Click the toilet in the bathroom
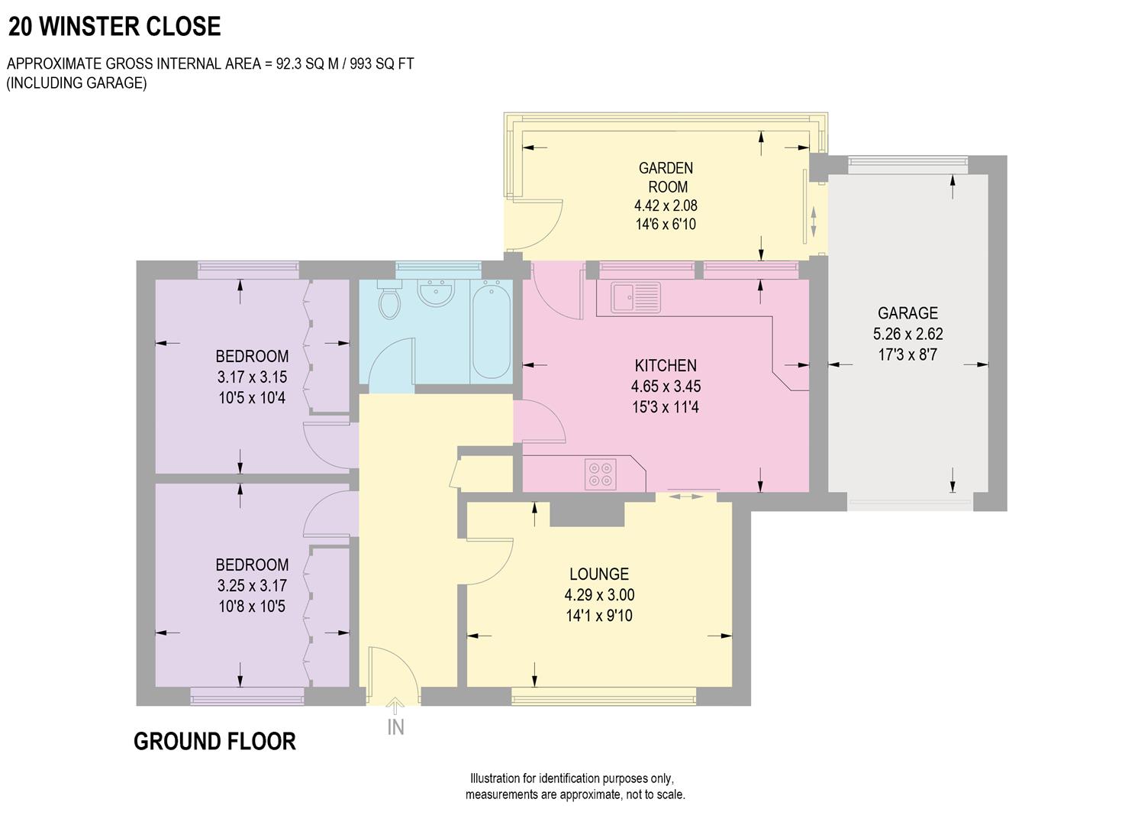tap(389, 300)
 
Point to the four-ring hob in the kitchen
tap(599, 474)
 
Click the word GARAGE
tap(907, 313)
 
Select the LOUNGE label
tap(599, 574)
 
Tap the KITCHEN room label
tap(666, 366)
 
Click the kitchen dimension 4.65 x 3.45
tap(666, 387)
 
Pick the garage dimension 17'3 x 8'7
tap(907, 354)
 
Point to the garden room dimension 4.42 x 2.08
tap(666, 205)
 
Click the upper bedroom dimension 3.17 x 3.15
tap(252, 377)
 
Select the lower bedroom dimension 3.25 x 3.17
tap(252, 586)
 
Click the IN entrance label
tap(395, 727)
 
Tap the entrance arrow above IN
tap(395, 706)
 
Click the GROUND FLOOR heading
tap(214, 742)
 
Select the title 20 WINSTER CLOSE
tap(114, 27)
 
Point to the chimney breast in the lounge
tap(587, 514)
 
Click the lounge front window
tap(604, 695)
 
